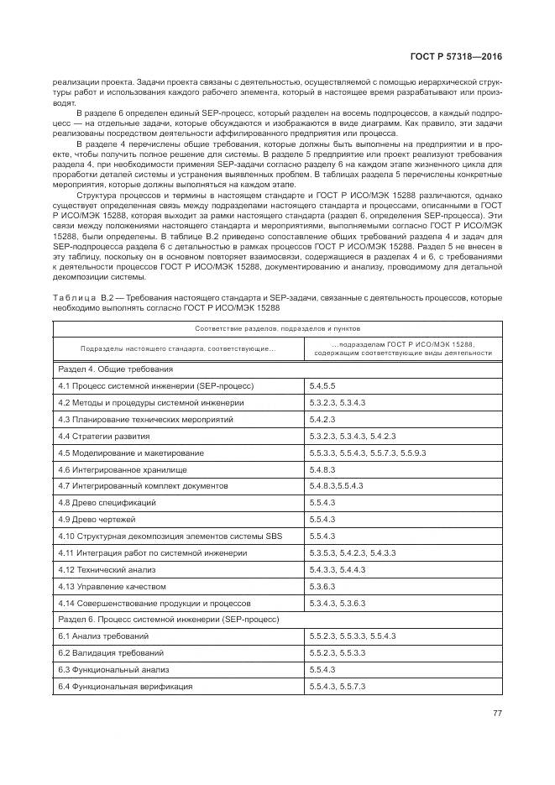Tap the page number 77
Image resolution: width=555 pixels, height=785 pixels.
click(497, 715)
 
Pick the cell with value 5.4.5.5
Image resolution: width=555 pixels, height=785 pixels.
click(322, 385)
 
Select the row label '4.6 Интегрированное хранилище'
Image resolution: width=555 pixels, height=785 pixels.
click(123, 469)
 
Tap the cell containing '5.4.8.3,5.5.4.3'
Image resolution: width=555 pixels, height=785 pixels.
click(336, 486)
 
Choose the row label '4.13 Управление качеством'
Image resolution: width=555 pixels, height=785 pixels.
click(113, 586)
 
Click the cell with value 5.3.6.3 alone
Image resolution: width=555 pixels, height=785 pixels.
click(322, 586)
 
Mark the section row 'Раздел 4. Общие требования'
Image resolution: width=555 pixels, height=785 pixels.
click(116, 369)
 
